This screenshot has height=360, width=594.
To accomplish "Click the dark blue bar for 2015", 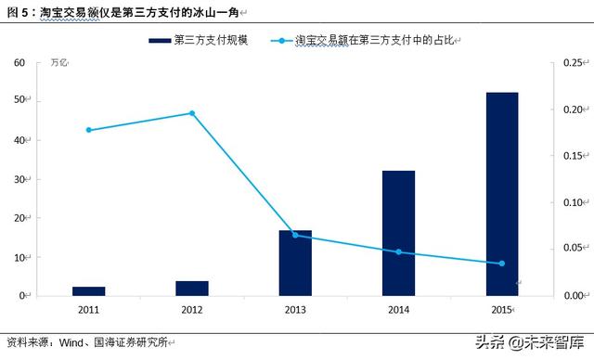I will coord(502,194).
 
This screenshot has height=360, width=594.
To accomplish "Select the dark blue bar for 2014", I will coord(398,233).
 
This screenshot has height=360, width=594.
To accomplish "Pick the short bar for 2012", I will coord(192,288).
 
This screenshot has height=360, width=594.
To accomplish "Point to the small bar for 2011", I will coord(88,290).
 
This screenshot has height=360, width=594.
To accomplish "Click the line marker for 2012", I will coord(192,113).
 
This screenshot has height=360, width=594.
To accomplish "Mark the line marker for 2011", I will coord(88,130).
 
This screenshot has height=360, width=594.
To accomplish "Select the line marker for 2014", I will coord(398,251).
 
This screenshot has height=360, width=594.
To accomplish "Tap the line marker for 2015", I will coord(502,264).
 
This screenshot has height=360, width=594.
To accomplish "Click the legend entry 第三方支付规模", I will coord(211,41).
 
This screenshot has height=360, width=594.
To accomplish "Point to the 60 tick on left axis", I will coord(19,62).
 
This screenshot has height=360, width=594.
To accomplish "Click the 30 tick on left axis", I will coord(19,179).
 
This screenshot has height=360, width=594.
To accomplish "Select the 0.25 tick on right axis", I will coord(575,62).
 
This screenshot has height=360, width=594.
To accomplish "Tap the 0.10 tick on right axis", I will coord(575,202).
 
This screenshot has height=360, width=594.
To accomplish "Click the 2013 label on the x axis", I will coord(295,308).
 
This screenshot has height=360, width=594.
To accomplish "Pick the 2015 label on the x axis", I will coord(502,308).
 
